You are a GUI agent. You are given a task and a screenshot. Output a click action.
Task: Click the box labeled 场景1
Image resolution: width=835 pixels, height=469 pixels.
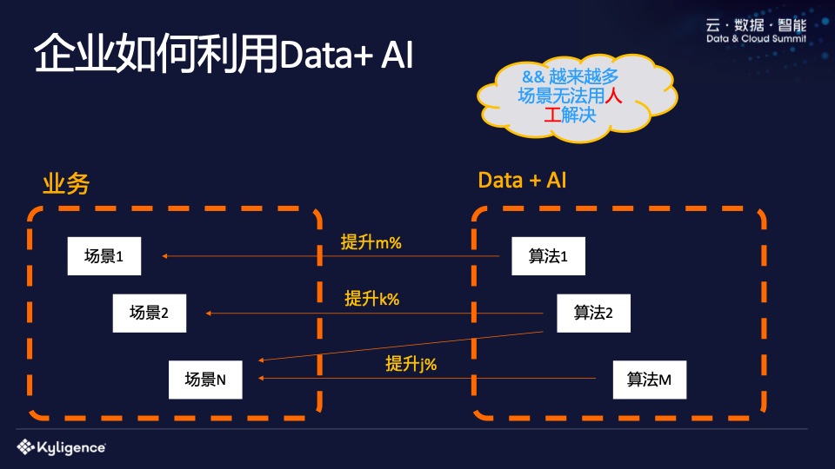coord(104,256)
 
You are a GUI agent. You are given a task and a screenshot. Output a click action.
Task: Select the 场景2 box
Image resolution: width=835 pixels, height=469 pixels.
coord(150,313)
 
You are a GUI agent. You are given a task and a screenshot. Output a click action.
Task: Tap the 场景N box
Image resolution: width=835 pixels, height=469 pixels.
coord(205,380)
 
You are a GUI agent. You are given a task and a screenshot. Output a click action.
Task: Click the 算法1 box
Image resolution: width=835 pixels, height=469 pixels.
coord(548,256)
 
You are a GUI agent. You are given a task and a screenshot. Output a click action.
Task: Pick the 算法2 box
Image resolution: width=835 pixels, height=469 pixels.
coord(593,313)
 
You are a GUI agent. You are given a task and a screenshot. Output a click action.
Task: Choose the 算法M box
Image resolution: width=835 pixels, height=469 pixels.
coord(650,380)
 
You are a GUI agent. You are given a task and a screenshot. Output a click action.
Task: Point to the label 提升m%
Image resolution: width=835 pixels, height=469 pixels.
coord(371,242)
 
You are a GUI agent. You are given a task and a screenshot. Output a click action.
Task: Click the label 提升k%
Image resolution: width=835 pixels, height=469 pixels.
coord(371,299)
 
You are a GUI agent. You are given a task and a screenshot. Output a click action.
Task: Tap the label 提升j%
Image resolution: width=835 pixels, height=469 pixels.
coord(411,364)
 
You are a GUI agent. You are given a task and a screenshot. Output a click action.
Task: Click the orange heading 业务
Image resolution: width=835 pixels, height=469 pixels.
coord(66,184)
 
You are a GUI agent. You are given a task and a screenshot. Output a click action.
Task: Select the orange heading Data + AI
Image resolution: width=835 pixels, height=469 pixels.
coord(522,181)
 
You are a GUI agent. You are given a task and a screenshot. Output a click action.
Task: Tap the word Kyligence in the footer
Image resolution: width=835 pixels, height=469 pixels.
coord(71,447)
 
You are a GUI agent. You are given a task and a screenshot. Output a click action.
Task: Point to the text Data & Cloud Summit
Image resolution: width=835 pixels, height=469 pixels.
coord(756,39)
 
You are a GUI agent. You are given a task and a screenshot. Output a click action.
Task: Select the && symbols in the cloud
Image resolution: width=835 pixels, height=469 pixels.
coord(533,77)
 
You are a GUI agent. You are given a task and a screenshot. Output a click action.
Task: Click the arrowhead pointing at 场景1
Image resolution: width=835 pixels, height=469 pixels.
coord(164,256)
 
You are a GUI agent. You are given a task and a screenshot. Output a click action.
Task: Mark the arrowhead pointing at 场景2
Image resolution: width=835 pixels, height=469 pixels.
coord(209,313)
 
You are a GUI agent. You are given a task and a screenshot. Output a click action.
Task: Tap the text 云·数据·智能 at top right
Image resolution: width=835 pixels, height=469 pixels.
coord(756,24)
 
